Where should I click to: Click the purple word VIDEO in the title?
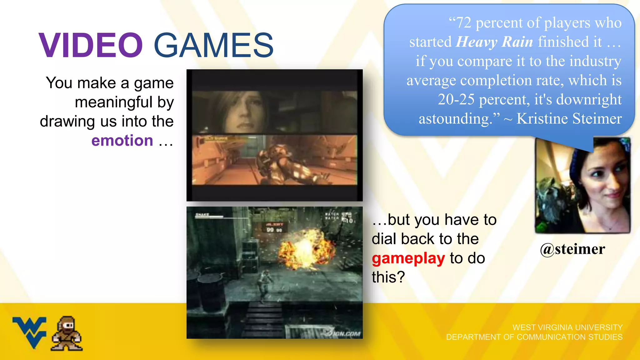pyautogui.click(x=91, y=46)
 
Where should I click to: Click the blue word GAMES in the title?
pyautogui.click(x=214, y=46)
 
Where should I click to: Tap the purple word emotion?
pyautogui.click(x=122, y=141)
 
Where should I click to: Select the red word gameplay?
pyautogui.click(x=408, y=258)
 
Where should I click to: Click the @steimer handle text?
pyautogui.click(x=572, y=249)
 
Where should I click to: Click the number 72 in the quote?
pyautogui.click(x=464, y=23)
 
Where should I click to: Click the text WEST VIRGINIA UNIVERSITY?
pyautogui.click(x=567, y=327)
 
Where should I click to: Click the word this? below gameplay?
pyautogui.click(x=388, y=277)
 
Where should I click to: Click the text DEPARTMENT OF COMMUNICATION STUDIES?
pyautogui.click(x=534, y=337)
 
